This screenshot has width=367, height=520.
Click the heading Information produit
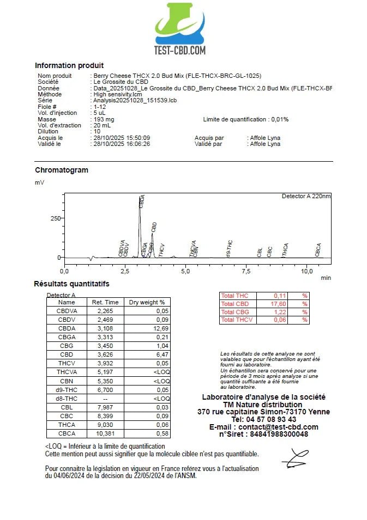click(69, 65)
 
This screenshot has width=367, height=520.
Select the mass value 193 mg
click(104, 119)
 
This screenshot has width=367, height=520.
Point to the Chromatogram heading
click(62, 170)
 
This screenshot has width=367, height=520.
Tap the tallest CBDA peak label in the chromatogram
click(142, 201)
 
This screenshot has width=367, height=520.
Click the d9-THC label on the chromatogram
click(230, 248)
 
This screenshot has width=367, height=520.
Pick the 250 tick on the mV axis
click(55, 218)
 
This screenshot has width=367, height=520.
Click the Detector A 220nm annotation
click(306, 196)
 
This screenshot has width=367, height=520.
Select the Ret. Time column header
click(105, 302)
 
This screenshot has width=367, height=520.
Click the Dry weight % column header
click(146, 302)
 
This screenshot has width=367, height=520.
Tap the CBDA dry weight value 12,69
click(161, 328)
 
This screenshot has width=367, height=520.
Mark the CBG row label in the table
click(67, 346)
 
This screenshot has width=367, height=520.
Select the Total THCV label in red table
click(235, 320)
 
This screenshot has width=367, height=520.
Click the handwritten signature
click(295, 458)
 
